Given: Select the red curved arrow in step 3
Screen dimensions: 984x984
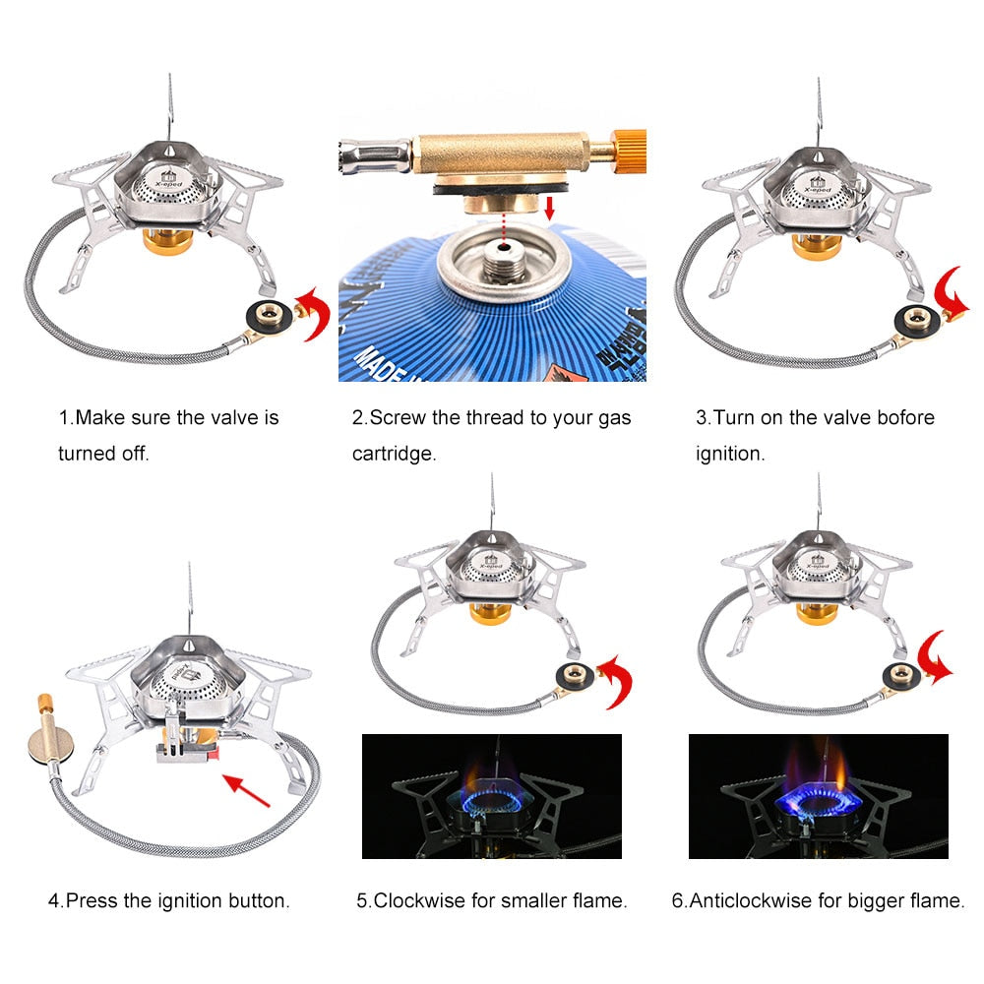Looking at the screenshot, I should tap(953, 295).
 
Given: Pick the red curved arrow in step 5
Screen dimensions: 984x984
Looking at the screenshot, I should tap(617, 680).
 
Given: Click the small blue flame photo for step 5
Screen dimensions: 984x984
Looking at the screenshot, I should tap(492, 796).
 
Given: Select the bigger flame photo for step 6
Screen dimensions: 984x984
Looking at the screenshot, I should tap(818, 796).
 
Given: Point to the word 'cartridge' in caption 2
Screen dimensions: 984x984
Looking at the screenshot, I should tap(394, 455).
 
